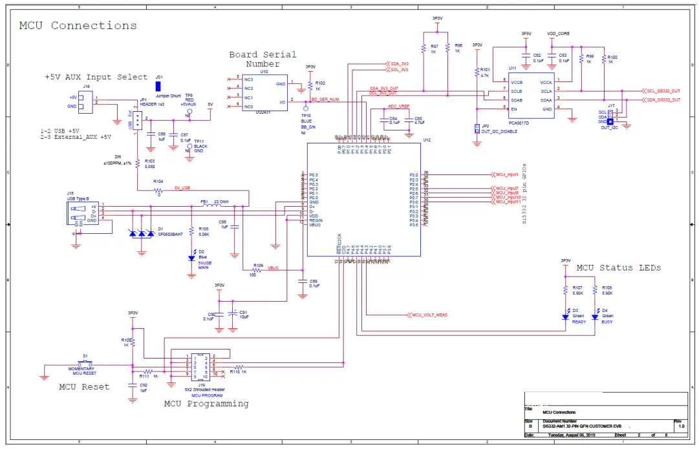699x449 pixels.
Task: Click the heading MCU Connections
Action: (x=78, y=26)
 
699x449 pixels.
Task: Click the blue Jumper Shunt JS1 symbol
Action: (x=158, y=86)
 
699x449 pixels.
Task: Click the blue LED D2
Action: (x=191, y=258)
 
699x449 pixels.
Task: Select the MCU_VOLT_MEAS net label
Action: (x=429, y=315)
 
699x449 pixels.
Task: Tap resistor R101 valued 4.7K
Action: (x=477, y=71)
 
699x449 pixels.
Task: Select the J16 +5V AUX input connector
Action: (x=86, y=102)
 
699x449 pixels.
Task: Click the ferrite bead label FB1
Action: (x=204, y=201)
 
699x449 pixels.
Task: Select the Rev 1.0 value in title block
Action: (x=680, y=426)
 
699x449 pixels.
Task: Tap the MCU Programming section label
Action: (x=206, y=404)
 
